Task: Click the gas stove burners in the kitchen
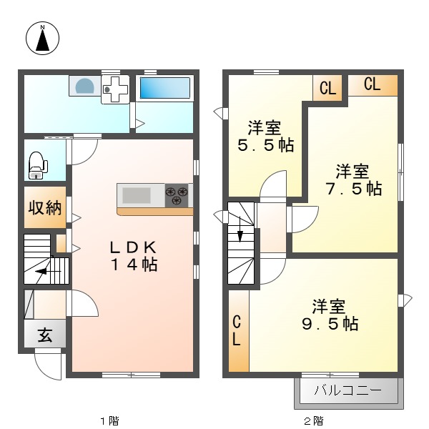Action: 177,194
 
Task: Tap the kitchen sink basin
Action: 137,195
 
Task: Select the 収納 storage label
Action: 44,208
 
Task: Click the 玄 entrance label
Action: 45,334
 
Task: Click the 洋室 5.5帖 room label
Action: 265,137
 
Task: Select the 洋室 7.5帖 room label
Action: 352,180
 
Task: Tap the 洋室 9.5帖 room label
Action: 329,315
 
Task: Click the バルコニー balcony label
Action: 347,391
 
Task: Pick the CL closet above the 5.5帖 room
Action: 327,89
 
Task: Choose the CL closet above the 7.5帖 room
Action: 372,84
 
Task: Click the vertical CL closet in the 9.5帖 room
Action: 237,330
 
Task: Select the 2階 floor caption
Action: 313,420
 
